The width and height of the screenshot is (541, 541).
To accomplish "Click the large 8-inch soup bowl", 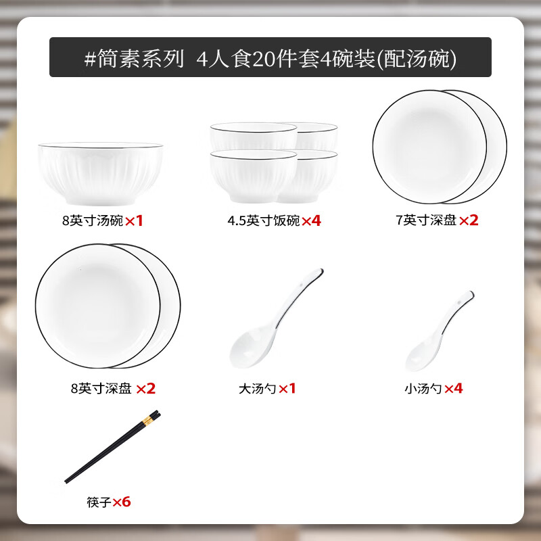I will pos(101,174).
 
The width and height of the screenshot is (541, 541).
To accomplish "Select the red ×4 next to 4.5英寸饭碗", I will pos(311,220).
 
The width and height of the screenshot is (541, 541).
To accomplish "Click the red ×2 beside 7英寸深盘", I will pos(469,220).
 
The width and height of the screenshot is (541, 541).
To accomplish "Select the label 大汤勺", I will pos(258,389).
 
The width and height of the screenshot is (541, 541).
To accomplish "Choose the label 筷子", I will pos(98,502).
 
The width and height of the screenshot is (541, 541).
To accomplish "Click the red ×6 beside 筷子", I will pos(121,502).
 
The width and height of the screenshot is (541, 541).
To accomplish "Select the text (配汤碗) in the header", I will pos(417,58).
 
